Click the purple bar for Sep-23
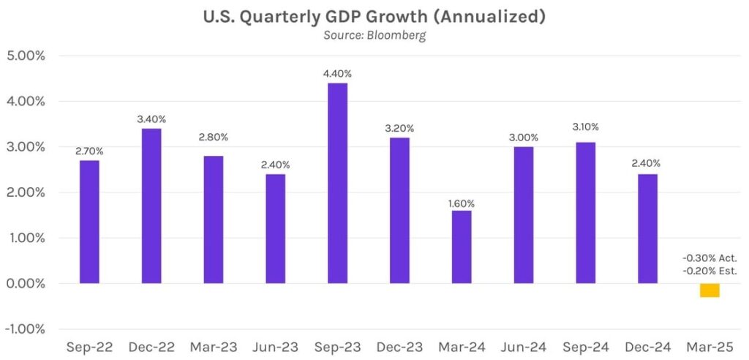(337, 183)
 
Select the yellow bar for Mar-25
(710, 290)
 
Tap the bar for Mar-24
(462, 247)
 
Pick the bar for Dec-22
(151, 206)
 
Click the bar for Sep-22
(89, 222)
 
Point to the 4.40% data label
(337, 74)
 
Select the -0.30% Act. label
(710, 258)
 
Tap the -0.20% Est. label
(710, 271)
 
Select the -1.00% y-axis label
(27, 329)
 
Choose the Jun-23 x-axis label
(275, 348)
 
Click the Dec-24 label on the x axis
(647, 348)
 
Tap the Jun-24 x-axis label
(523, 348)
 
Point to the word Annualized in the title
(495, 17)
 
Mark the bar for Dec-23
(399, 210)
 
